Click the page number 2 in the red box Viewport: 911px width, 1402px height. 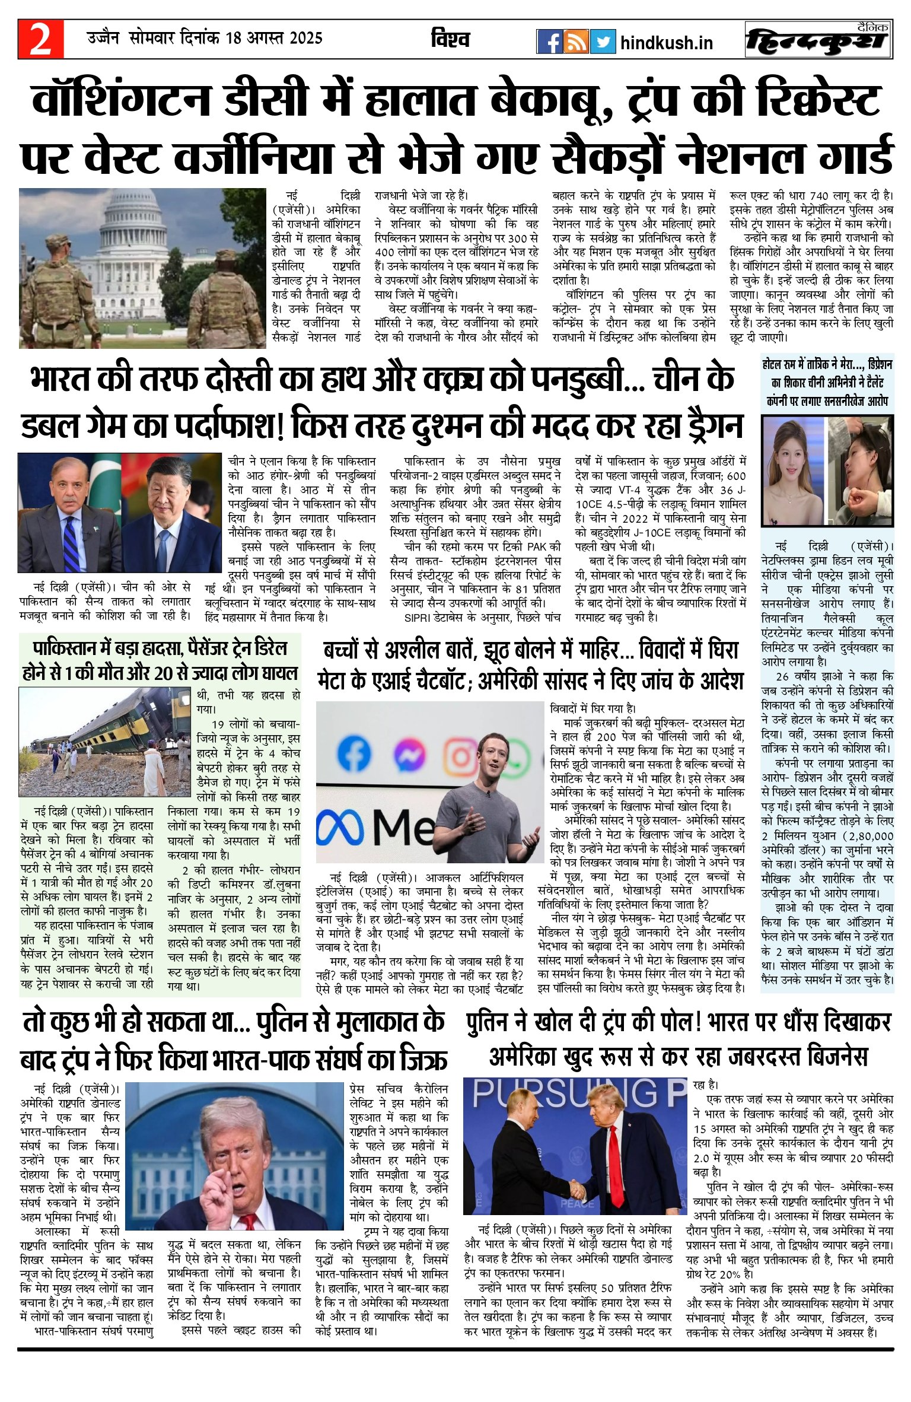(40, 40)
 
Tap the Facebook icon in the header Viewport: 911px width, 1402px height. (549, 42)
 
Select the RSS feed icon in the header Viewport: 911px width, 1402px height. (575, 42)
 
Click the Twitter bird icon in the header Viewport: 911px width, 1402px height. (603, 42)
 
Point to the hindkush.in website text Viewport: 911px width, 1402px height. (666, 43)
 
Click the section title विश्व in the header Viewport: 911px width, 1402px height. (450, 39)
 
